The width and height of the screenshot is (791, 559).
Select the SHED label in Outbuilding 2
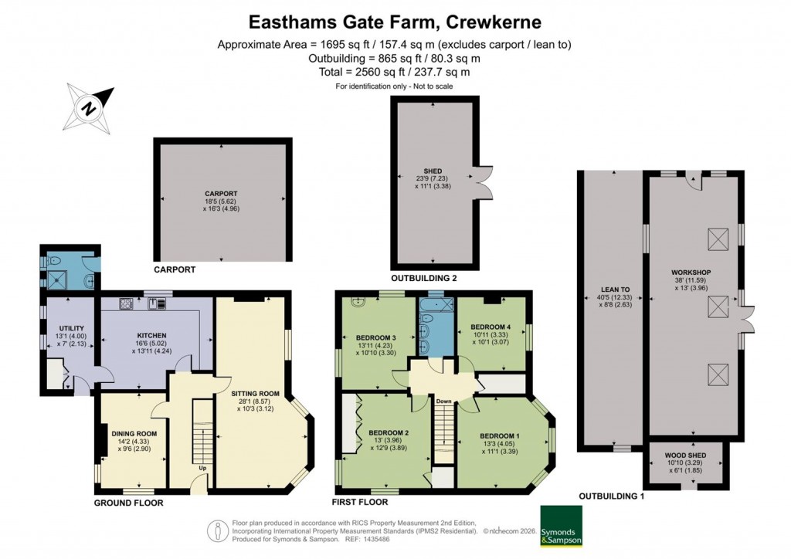(431, 172)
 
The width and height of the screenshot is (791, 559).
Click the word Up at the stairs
(203, 468)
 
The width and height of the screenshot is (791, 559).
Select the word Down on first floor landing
(443, 401)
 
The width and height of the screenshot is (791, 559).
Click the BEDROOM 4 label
(491, 326)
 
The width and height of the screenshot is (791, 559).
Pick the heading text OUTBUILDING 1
(611, 496)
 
